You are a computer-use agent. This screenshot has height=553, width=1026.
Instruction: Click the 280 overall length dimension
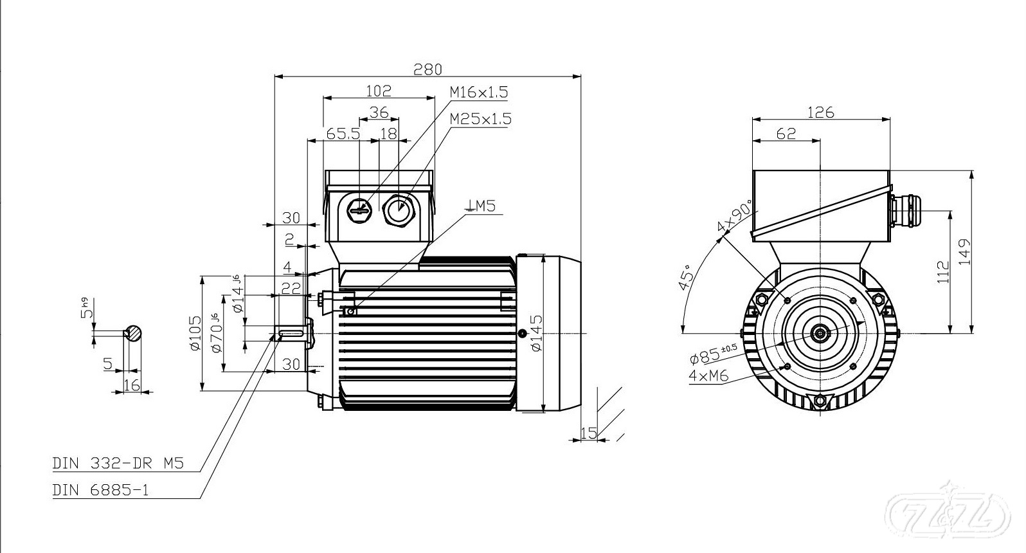[428, 69]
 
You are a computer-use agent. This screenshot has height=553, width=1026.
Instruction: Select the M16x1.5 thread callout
[479, 92]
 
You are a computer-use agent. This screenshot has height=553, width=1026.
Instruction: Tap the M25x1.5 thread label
[480, 119]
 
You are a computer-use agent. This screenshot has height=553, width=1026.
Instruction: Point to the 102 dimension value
[379, 91]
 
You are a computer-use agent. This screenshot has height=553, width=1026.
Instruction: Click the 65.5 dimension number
[343, 134]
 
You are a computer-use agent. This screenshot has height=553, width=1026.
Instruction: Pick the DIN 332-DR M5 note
[118, 464]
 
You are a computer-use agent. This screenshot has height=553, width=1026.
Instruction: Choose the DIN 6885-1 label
[101, 491]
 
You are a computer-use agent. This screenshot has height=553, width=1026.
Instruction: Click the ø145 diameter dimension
[536, 333]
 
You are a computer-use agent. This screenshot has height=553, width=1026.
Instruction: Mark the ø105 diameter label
[195, 333]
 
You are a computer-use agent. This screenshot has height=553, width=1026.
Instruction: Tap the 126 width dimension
[821, 113]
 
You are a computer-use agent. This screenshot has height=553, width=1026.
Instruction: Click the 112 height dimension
[943, 272]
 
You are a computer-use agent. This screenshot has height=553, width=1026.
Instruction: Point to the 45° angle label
[686, 277]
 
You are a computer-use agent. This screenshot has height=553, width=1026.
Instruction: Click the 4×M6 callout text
[708, 376]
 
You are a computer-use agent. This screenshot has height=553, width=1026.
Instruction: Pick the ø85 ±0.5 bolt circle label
[713, 353]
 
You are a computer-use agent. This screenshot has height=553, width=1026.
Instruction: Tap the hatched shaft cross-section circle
[133, 333]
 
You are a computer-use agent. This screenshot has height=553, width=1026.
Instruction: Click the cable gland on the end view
[905, 211]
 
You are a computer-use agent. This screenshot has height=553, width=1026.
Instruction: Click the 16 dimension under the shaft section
[131, 385]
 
